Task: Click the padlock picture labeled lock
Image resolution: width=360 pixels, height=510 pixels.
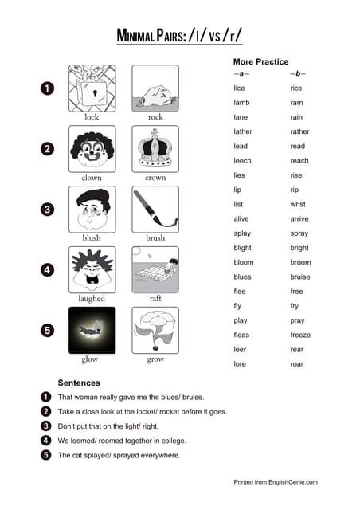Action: [92, 88]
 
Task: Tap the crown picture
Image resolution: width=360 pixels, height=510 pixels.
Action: [155, 148]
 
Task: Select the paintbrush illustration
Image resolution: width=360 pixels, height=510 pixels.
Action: [155, 209]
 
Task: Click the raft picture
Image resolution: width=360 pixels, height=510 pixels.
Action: [155, 269]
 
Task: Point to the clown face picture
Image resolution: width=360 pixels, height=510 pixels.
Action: [92, 148]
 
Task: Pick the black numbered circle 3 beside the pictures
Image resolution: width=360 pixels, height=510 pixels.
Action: [47, 210]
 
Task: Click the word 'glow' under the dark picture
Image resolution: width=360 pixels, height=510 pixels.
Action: [90, 359]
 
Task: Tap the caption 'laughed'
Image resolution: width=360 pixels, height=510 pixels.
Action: [92, 299]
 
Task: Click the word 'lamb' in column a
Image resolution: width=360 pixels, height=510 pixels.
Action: [241, 103]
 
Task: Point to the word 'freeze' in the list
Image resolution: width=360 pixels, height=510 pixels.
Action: [300, 335]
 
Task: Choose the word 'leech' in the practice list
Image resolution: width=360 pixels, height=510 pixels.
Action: [242, 161]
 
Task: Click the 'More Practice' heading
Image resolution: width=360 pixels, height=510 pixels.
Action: [260, 61]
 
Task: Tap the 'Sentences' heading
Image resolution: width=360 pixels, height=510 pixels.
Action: [79, 382]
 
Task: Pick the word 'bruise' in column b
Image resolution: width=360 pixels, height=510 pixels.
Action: [300, 277]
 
